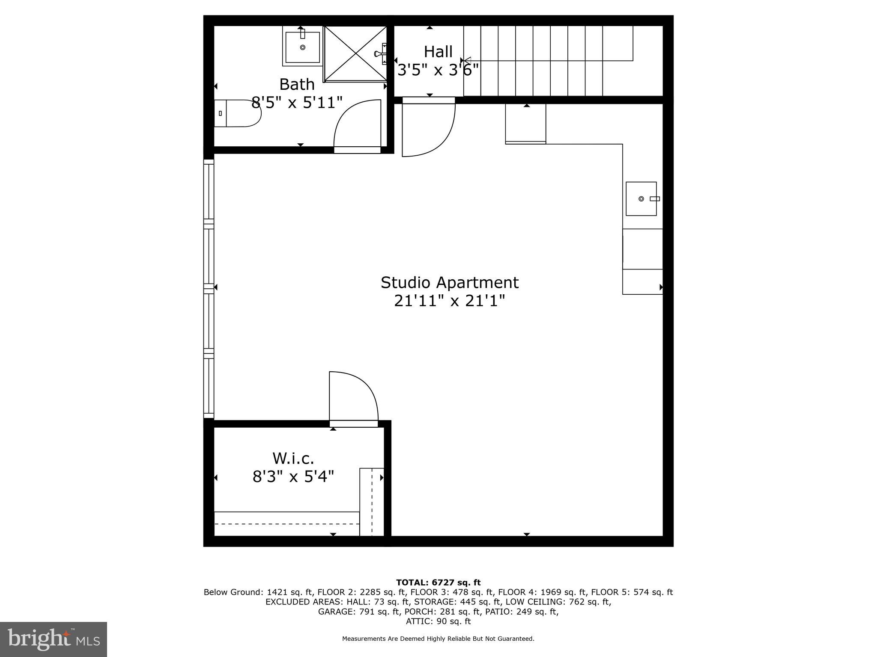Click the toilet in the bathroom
click(x=238, y=113)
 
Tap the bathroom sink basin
click(x=303, y=47)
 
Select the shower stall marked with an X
click(x=355, y=53)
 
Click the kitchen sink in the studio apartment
click(x=641, y=198)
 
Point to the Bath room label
click(x=297, y=84)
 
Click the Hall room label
click(x=438, y=52)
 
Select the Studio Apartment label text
click(x=450, y=282)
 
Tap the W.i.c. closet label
click(x=293, y=458)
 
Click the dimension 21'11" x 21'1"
click(x=450, y=301)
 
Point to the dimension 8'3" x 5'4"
click(x=293, y=476)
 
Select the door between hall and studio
click(x=428, y=128)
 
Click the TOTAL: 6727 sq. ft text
click(x=438, y=583)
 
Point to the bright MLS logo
click(x=54, y=639)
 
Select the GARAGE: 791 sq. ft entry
click(x=358, y=612)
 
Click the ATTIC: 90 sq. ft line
click(x=438, y=621)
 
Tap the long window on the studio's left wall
click(x=209, y=289)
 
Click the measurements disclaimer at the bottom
click(x=438, y=639)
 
